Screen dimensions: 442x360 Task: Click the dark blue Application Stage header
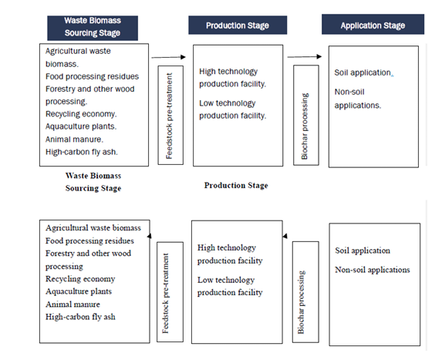click(373, 24)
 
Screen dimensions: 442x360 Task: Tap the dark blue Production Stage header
click(238, 25)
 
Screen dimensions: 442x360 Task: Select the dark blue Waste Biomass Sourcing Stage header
click(93, 28)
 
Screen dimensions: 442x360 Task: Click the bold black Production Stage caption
click(236, 185)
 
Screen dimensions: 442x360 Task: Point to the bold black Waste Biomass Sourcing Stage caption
click(93, 182)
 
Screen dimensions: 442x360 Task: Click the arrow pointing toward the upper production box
click(169, 57)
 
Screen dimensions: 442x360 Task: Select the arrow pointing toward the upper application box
click(305, 56)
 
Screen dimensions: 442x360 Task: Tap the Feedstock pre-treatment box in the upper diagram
click(170, 115)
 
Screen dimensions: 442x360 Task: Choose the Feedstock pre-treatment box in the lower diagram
click(170, 292)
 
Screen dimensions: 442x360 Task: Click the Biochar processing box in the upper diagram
click(306, 115)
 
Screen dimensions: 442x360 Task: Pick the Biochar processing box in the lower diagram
click(305, 292)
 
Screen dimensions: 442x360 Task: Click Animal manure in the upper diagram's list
click(74, 140)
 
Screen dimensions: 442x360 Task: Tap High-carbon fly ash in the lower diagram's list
click(80, 317)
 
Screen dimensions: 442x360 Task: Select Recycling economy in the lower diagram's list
click(80, 279)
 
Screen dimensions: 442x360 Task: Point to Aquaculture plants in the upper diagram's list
click(81, 126)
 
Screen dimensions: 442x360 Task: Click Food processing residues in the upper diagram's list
click(92, 76)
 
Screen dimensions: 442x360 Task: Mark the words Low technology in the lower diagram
click(226, 280)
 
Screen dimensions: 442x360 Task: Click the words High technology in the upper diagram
click(228, 72)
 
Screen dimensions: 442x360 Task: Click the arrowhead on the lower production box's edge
click(285, 236)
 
